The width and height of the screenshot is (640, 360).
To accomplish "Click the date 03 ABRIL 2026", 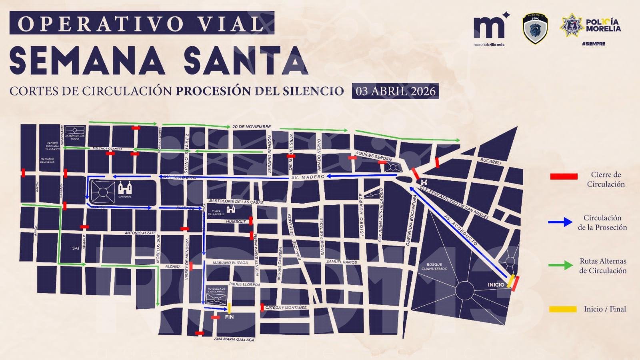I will [x=395, y=91].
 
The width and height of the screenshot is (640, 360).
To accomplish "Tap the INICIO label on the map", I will [x=496, y=285].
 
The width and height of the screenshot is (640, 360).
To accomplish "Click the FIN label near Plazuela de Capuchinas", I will [x=229, y=317].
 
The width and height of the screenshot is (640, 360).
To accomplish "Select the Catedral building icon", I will [x=125, y=188].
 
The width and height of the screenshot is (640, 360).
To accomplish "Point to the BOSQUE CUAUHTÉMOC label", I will [x=434, y=267].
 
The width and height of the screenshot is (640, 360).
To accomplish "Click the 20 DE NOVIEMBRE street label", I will [x=252, y=127].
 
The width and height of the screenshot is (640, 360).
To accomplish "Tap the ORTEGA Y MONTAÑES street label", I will [x=286, y=308].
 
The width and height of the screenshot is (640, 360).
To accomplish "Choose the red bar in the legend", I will [x=564, y=176].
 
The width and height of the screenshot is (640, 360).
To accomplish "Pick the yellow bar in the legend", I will [x=563, y=309].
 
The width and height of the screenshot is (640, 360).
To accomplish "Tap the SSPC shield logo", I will [x=535, y=29].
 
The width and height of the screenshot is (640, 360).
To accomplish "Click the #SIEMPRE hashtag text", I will [x=594, y=44].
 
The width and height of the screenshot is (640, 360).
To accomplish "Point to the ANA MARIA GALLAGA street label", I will [x=234, y=339].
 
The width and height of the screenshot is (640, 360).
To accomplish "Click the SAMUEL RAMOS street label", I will [x=341, y=262].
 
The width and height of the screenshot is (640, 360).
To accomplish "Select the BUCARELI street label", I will [x=490, y=162].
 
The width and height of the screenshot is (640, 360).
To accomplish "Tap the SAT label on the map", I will [x=76, y=248].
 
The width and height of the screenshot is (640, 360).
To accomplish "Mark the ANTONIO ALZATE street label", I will [x=140, y=233].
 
